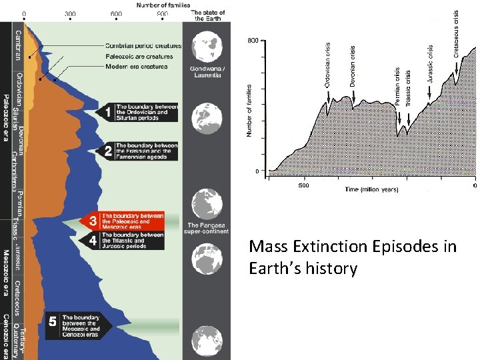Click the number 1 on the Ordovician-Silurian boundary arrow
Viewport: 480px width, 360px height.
tap(108, 113)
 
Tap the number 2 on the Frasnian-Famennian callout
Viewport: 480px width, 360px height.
tap(108, 151)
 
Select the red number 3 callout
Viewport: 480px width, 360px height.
tap(93, 220)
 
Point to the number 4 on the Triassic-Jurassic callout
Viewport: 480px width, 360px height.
tap(93, 239)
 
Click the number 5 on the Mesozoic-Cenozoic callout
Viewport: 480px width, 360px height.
tap(53, 321)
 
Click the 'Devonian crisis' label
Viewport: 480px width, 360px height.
tap(353, 64)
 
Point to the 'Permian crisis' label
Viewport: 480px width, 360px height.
tap(398, 87)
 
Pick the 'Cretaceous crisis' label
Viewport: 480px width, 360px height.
tap(457, 33)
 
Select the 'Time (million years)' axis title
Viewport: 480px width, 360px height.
tap(371, 189)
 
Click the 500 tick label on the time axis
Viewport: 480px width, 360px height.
tap(303, 185)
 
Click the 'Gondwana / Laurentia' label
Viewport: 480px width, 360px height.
tap(207, 73)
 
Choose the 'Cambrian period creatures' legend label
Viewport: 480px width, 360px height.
tap(143, 45)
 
